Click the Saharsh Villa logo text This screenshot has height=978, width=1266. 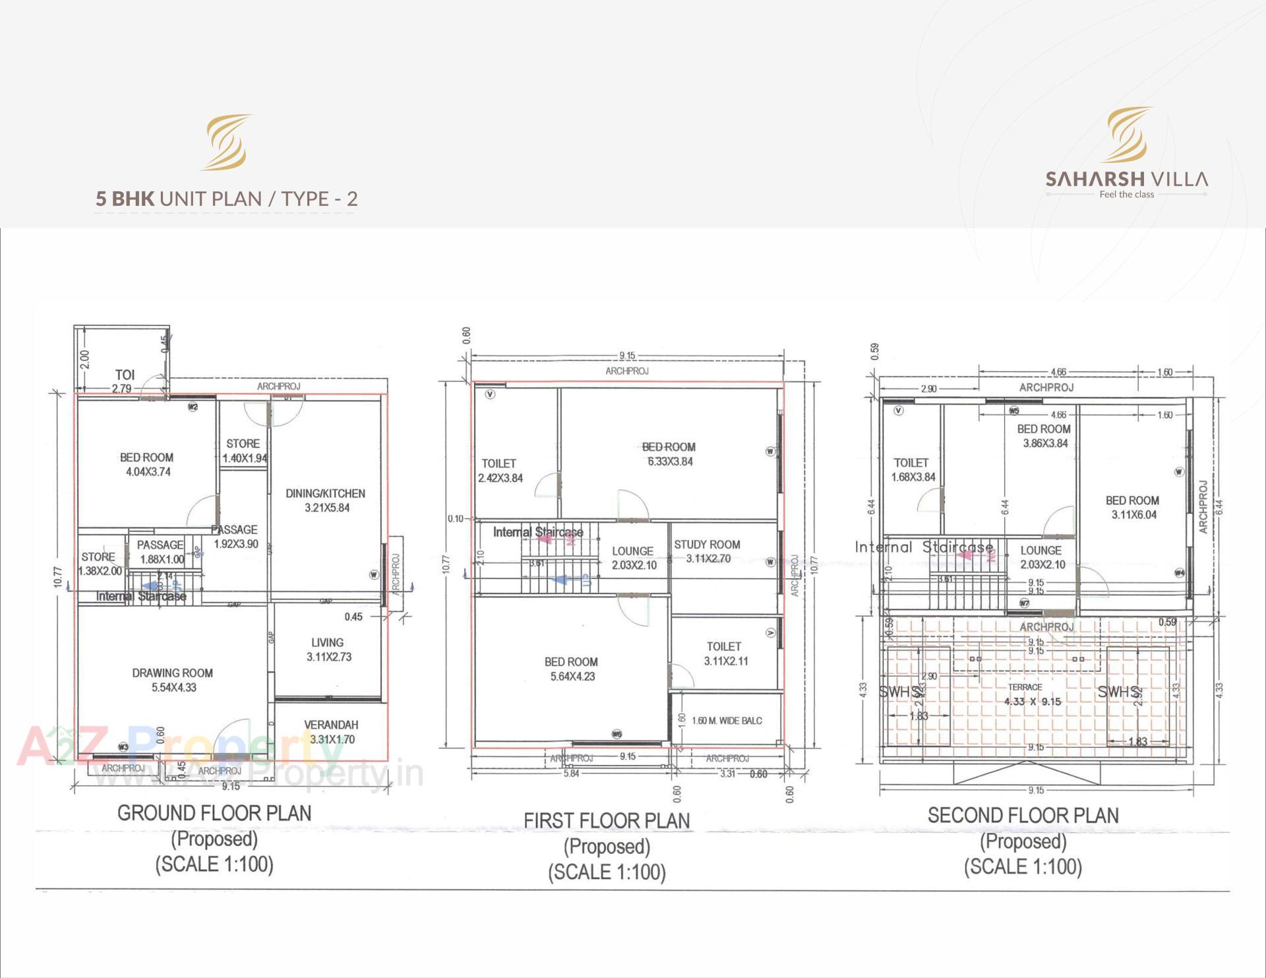1126,179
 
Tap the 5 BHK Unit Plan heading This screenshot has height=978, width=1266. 226,199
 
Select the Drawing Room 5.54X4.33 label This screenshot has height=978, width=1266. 173,680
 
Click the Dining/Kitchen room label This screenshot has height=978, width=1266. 326,501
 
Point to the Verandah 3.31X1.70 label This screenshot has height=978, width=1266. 331,732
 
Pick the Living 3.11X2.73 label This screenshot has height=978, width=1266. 328,650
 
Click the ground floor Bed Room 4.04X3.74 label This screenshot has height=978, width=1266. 147,464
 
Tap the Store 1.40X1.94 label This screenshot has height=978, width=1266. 244,451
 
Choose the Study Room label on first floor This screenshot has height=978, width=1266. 707,551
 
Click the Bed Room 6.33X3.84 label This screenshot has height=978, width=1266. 669,454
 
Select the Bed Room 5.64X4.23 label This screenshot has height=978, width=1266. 572,669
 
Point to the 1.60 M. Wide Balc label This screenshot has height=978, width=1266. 727,721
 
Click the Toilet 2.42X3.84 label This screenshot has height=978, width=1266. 500,471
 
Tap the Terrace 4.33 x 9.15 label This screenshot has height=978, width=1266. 1032,695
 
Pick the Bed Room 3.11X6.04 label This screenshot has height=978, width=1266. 1133,507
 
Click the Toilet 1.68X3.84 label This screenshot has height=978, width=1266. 913,470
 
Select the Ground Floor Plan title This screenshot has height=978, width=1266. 214,813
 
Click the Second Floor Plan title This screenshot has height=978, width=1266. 1023,816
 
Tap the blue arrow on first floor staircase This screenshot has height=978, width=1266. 561,580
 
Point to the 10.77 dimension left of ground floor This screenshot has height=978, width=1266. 58,577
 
